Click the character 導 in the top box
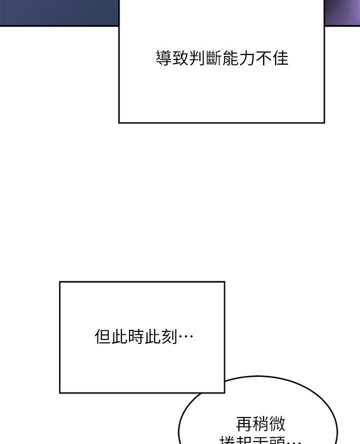pos(163,58)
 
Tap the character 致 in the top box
pos(180,58)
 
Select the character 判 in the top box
pos(197,58)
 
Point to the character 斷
pos(214,58)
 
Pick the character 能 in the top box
pos(230,58)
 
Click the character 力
pos(247,58)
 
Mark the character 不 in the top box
pos(263,58)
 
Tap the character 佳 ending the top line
pos(280,58)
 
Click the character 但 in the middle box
pos(102,336)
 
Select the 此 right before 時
pos(119,336)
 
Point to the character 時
pos(135,336)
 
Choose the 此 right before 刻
pos(152,336)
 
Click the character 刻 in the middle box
pos(168,336)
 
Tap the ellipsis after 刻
pos(185,336)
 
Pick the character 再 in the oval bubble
pos(244,424)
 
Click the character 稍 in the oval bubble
pos(260,424)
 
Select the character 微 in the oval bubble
pos(277,424)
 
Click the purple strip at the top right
pos(342,13)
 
